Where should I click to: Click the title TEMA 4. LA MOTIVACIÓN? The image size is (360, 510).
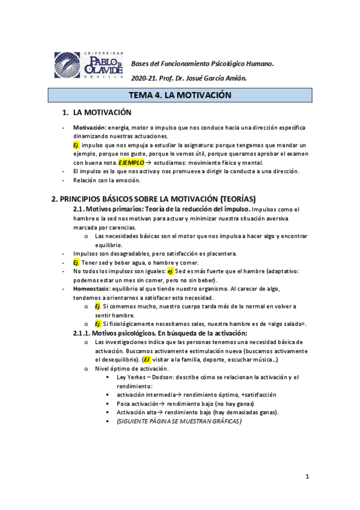pos(180,95)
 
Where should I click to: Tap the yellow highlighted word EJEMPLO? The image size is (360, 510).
pos(131,162)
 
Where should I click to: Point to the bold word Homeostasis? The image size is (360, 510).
pos(93,289)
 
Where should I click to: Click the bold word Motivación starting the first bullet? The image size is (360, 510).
pos(89,128)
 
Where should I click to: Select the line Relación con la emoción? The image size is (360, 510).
pos(107,180)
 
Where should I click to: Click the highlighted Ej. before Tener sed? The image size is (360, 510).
pos(76,263)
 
